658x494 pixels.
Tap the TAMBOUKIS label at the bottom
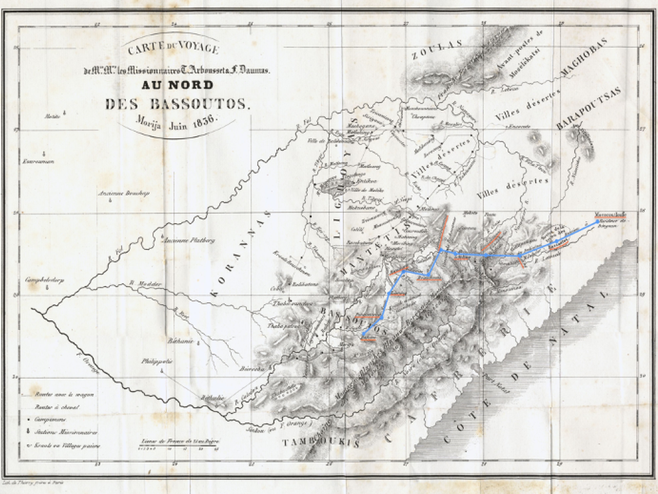tap(320, 443)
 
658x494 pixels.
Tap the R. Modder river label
tap(139, 283)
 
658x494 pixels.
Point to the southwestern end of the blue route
tap(362, 336)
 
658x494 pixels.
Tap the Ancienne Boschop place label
tap(123, 192)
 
